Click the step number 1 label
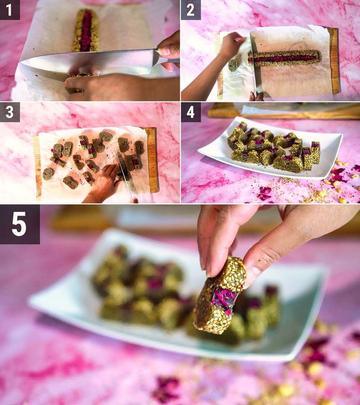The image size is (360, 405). (x=10, y=10)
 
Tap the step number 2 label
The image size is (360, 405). (x=190, y=10)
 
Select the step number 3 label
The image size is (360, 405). (x=10, y=113)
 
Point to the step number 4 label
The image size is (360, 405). (x=190, y=113)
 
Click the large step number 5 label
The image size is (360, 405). (x=20, y=224)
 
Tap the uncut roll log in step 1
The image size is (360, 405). (x=86, y=30)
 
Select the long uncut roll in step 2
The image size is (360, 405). (x=284, y=58)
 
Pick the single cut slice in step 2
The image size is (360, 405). (x=233, y=66)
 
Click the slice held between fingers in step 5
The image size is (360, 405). (x=220, y=295)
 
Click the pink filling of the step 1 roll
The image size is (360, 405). (x=86, y=31)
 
